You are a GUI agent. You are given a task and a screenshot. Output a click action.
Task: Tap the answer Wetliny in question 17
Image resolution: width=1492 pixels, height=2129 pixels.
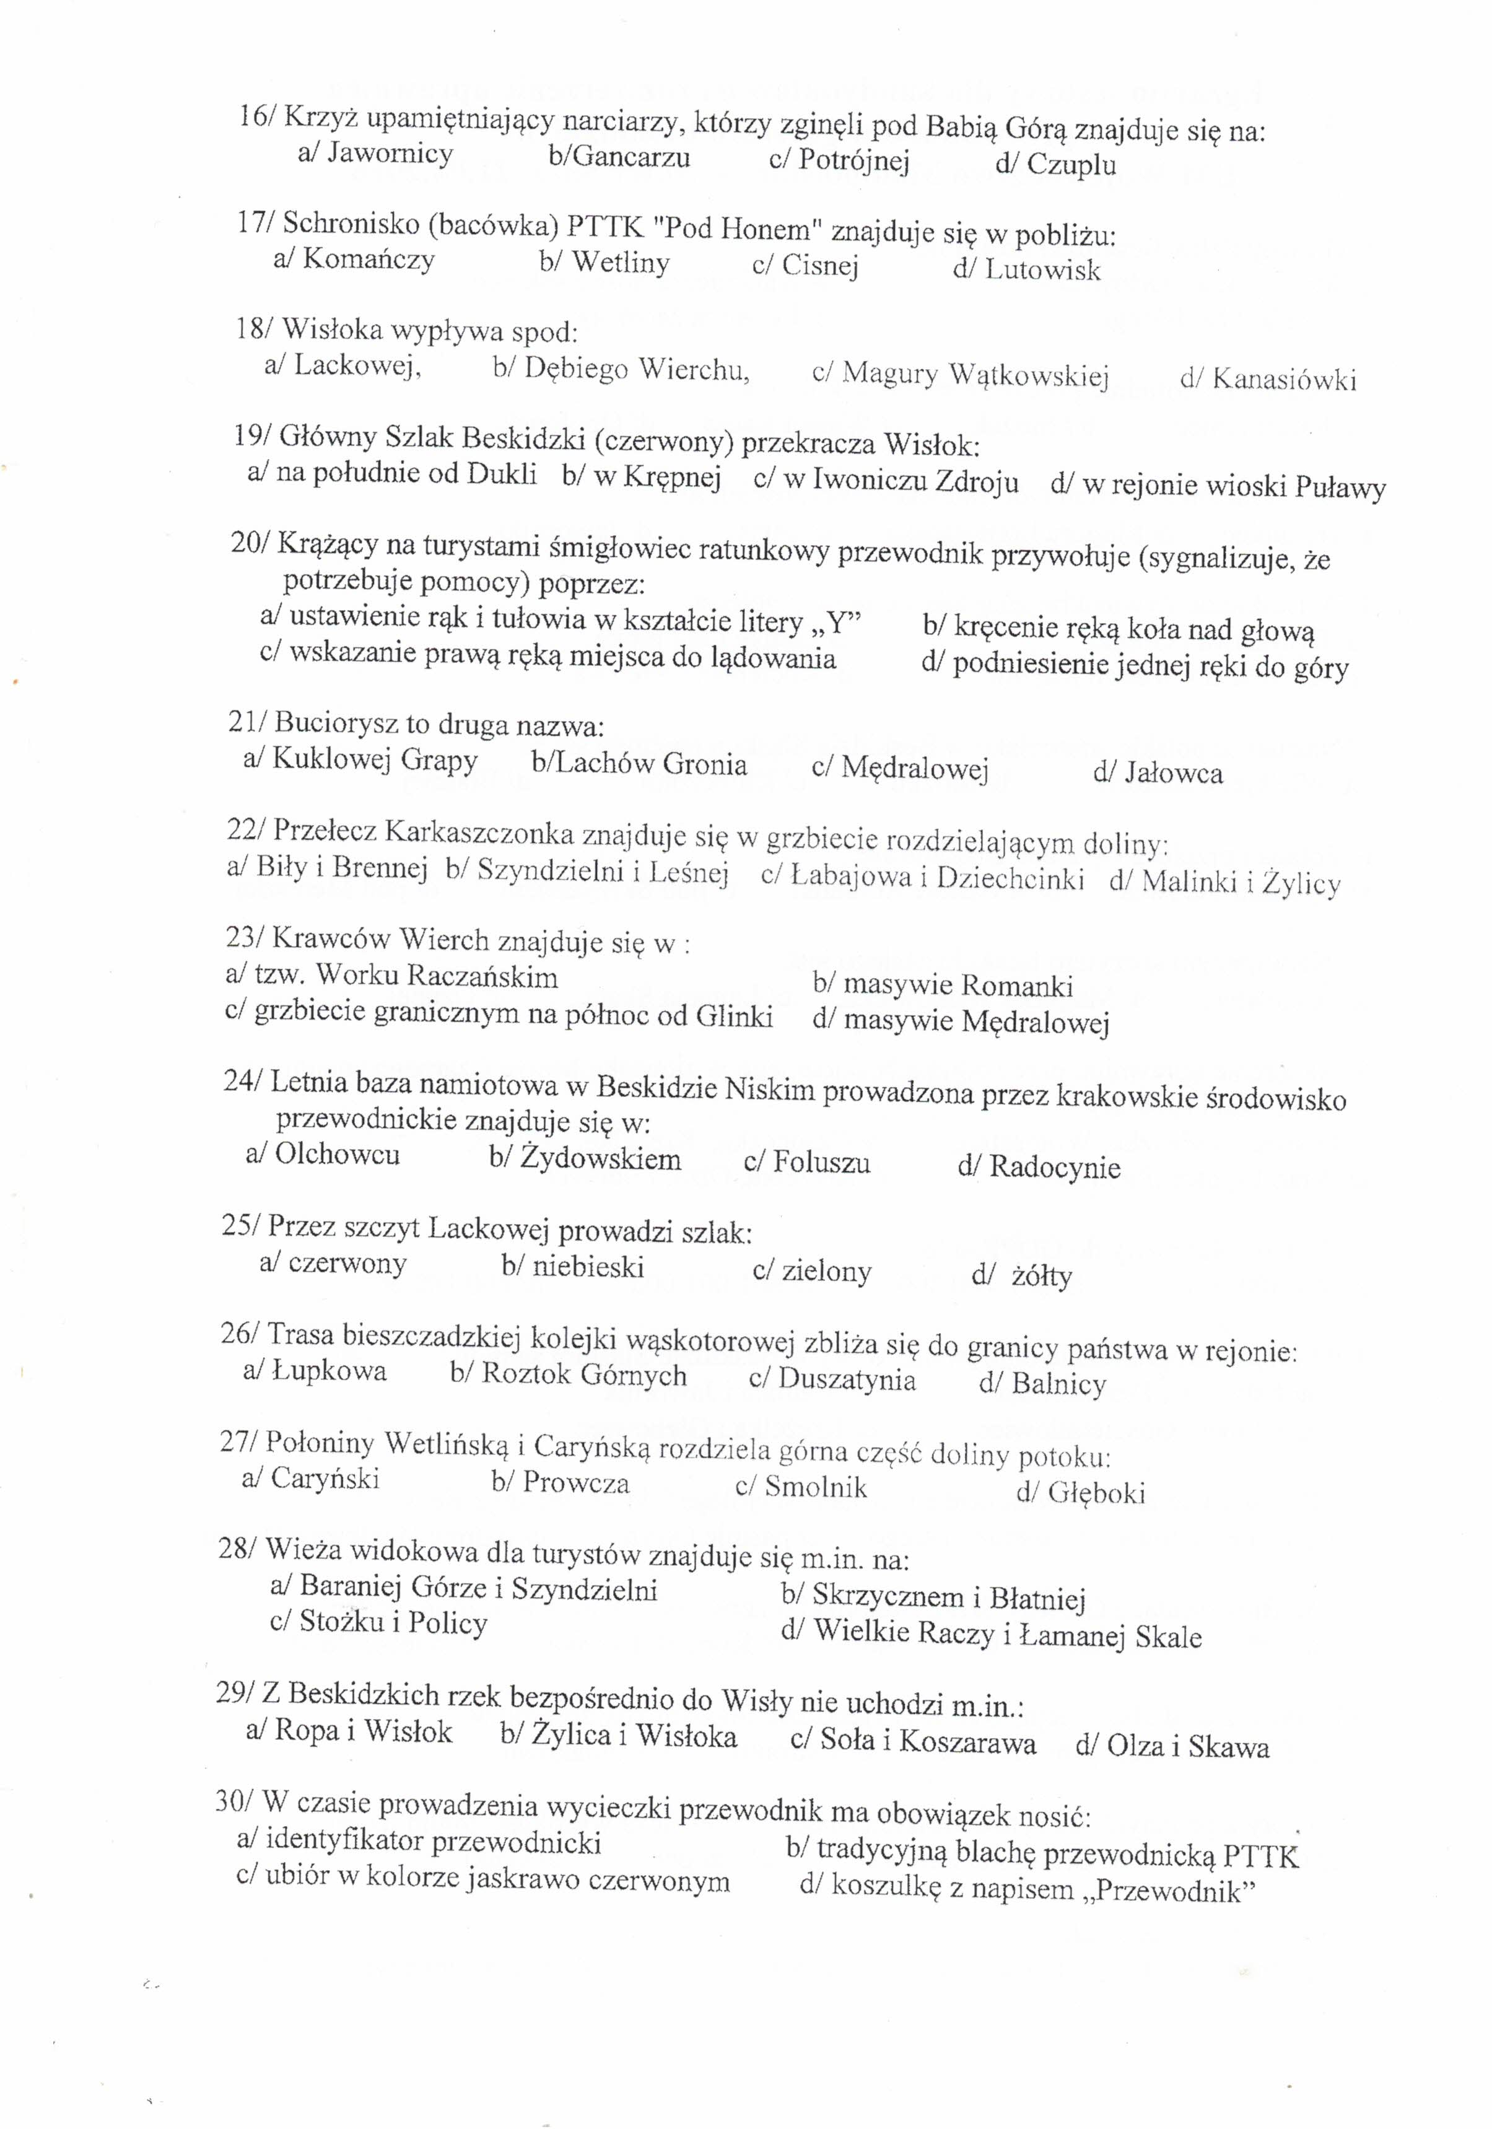point(621,263)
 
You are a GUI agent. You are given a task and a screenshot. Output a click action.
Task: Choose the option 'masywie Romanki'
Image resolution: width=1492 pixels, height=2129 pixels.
point(958,985)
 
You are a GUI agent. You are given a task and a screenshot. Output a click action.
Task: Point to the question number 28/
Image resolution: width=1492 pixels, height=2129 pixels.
point(237,1549)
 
